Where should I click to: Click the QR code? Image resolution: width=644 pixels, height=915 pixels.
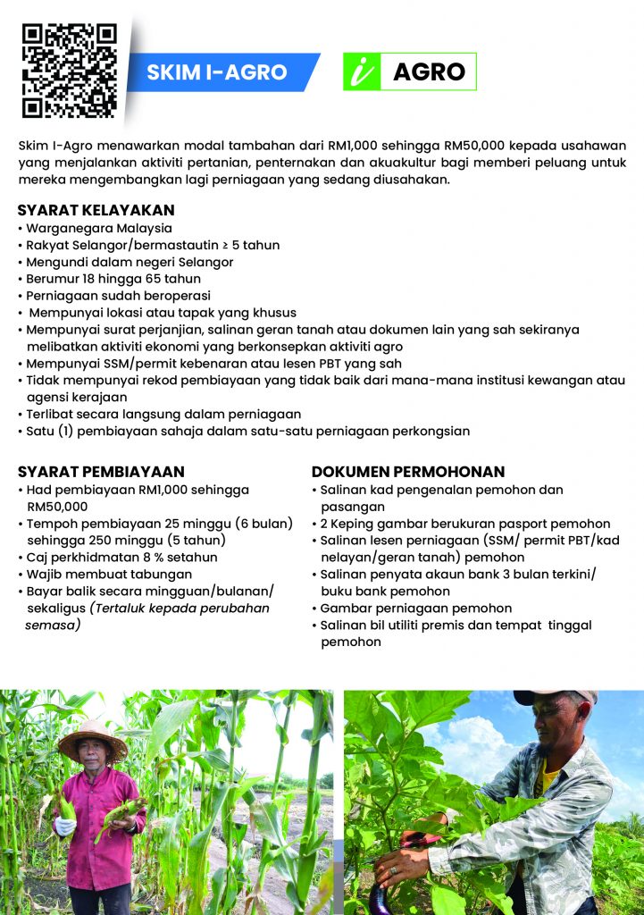tap(69, 71)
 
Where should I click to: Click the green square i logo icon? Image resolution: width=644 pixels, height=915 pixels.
tap(361, 72)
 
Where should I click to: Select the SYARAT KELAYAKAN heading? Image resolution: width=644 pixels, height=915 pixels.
tap(96, 211)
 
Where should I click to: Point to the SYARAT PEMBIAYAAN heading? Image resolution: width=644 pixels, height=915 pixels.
tap(101, 472)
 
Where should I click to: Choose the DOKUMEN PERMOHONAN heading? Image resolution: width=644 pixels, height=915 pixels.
tap(408, 472)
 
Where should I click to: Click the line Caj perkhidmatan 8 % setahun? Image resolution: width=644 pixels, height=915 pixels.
tap(121, 557)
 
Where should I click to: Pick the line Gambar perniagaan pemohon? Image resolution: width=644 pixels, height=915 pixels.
tap(415, 609)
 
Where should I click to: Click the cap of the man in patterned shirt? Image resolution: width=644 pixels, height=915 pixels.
tap(554, 696)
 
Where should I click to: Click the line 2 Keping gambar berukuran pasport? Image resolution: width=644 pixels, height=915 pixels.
tap(464, 524)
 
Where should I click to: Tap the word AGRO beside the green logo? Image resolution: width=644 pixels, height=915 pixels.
tap(429, 72)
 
